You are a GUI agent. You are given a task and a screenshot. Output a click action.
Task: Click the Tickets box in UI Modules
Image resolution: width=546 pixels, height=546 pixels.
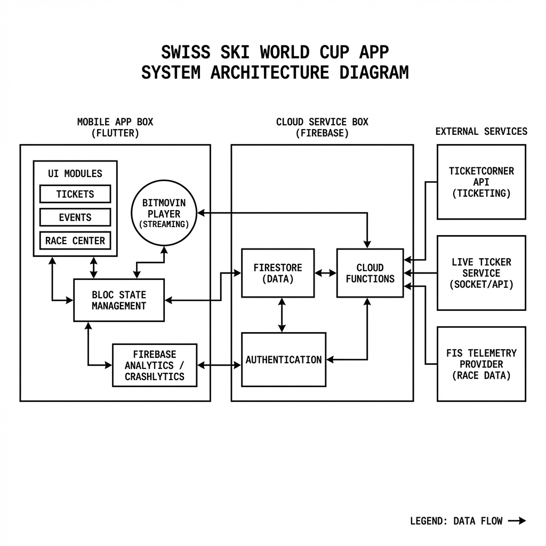tap(75, 194)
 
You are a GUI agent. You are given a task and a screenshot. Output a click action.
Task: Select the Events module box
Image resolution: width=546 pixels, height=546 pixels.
tap(75, 218)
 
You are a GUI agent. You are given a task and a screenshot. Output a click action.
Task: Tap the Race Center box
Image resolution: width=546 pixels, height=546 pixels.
tap(75, 240)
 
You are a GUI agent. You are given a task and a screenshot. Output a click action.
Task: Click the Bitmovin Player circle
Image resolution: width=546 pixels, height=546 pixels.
tap(164, 213)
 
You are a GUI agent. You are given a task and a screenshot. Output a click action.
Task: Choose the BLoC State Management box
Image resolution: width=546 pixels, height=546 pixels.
tap(118, 300)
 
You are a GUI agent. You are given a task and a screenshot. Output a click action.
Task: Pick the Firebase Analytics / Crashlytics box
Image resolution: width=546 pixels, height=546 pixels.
tap(155, 365)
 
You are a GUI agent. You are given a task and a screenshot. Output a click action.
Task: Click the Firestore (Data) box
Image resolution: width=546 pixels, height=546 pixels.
tap(278, 273)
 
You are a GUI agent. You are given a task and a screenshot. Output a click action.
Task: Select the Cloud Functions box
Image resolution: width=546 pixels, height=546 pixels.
tap(370, 273)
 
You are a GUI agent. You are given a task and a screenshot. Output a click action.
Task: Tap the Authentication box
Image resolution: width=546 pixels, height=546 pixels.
tap(284, 360)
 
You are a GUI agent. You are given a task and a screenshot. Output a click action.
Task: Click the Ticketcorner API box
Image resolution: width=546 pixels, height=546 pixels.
tap(481, 182)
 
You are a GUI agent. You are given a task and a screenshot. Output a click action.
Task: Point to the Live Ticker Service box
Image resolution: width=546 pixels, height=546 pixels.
tap(481, 273)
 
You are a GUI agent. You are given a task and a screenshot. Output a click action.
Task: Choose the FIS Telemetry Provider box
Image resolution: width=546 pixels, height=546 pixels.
tap(481, 364)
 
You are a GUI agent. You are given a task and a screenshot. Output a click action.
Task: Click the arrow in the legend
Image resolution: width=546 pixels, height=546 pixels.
tap(517, 521)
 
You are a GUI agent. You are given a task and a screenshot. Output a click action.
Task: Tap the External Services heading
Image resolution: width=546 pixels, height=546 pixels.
tap(481, 131)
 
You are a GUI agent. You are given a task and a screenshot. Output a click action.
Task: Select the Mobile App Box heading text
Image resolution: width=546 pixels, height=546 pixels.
tap(115, 122)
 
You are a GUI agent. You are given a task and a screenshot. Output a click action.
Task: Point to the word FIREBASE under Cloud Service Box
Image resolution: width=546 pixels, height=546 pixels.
tap(322, 133)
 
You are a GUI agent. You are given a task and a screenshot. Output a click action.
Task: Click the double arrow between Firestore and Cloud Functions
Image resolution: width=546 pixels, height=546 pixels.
tap(325, 273)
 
